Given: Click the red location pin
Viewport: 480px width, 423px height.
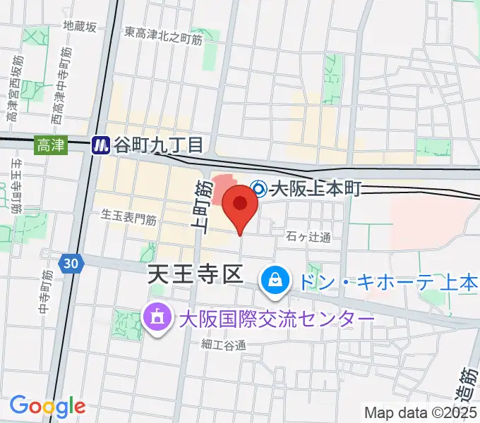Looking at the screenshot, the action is (x=240, y=205).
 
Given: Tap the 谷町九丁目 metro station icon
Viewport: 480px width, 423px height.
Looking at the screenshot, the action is (x=102, y=145).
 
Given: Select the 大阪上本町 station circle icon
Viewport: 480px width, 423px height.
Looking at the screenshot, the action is (x=259, y=188).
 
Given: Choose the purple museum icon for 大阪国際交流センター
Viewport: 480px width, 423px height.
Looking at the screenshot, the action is (x=155, y=318).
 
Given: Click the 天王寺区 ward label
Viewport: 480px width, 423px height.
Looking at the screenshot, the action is (x=194, y=276).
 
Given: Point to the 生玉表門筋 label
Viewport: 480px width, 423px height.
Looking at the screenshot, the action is (x=128, y=219).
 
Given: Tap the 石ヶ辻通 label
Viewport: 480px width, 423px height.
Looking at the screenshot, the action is (x=308, y=237).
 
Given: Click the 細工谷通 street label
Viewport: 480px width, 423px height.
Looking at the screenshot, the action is (x=222, y=345).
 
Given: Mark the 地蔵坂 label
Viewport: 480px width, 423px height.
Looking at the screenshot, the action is (x=79, y=26).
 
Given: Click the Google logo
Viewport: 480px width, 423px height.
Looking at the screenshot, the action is (x=47, y=405).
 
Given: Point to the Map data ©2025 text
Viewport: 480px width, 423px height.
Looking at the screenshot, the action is (x=421, y=412).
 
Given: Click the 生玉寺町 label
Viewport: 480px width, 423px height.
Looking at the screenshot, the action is (x=16, y=187).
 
